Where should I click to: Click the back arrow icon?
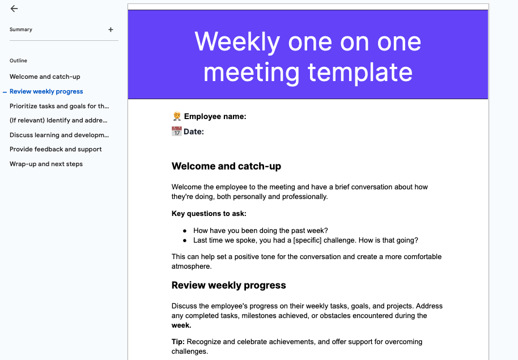(14, 9)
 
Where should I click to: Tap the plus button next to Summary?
(111, 29)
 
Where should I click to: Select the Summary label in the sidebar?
(21, 29)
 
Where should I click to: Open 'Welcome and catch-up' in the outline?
(45, 77)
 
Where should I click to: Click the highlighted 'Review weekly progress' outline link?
(46, 92)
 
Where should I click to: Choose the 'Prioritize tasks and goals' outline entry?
(59, 106)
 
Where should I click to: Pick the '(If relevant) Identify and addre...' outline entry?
(58, 120)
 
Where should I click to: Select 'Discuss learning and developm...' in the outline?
(59, 135)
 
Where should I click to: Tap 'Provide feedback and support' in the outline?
(56, 149)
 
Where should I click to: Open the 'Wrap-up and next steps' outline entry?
(46, 164)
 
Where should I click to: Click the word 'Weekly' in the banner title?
(237, 42)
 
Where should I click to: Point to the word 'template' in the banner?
(360, 73)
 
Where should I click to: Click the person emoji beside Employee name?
(177, 116)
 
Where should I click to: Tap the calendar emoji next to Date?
(176, 132)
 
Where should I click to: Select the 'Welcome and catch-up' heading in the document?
(226, 166)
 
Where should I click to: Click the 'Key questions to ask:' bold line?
(209, 214)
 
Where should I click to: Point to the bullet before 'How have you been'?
(185, 231)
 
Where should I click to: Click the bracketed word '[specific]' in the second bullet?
(307, 240)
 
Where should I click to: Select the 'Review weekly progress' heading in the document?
(228, 285)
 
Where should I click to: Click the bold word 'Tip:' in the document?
(178, 342)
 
